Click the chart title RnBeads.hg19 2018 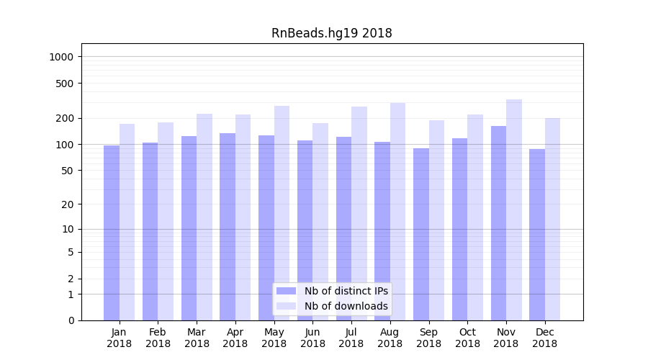[x=331, y=33]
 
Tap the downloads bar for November [x=514, y=210]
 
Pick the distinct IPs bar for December [x=537, y=235]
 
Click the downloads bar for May [x=282, y=213]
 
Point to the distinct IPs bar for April [x=228, y=227]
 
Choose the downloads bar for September [x=436, y=220]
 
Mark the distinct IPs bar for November [x=498, y=223]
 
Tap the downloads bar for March [x=204, y=217]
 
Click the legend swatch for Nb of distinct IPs [x=286, y=291]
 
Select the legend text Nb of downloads [x=346, y=306]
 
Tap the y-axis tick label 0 [x=71, y=320]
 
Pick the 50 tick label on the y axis [x=68, y=171]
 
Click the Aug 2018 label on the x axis [x=390, y=338]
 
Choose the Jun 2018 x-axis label [x=312, y=338]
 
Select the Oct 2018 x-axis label [x=467, y=338]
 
